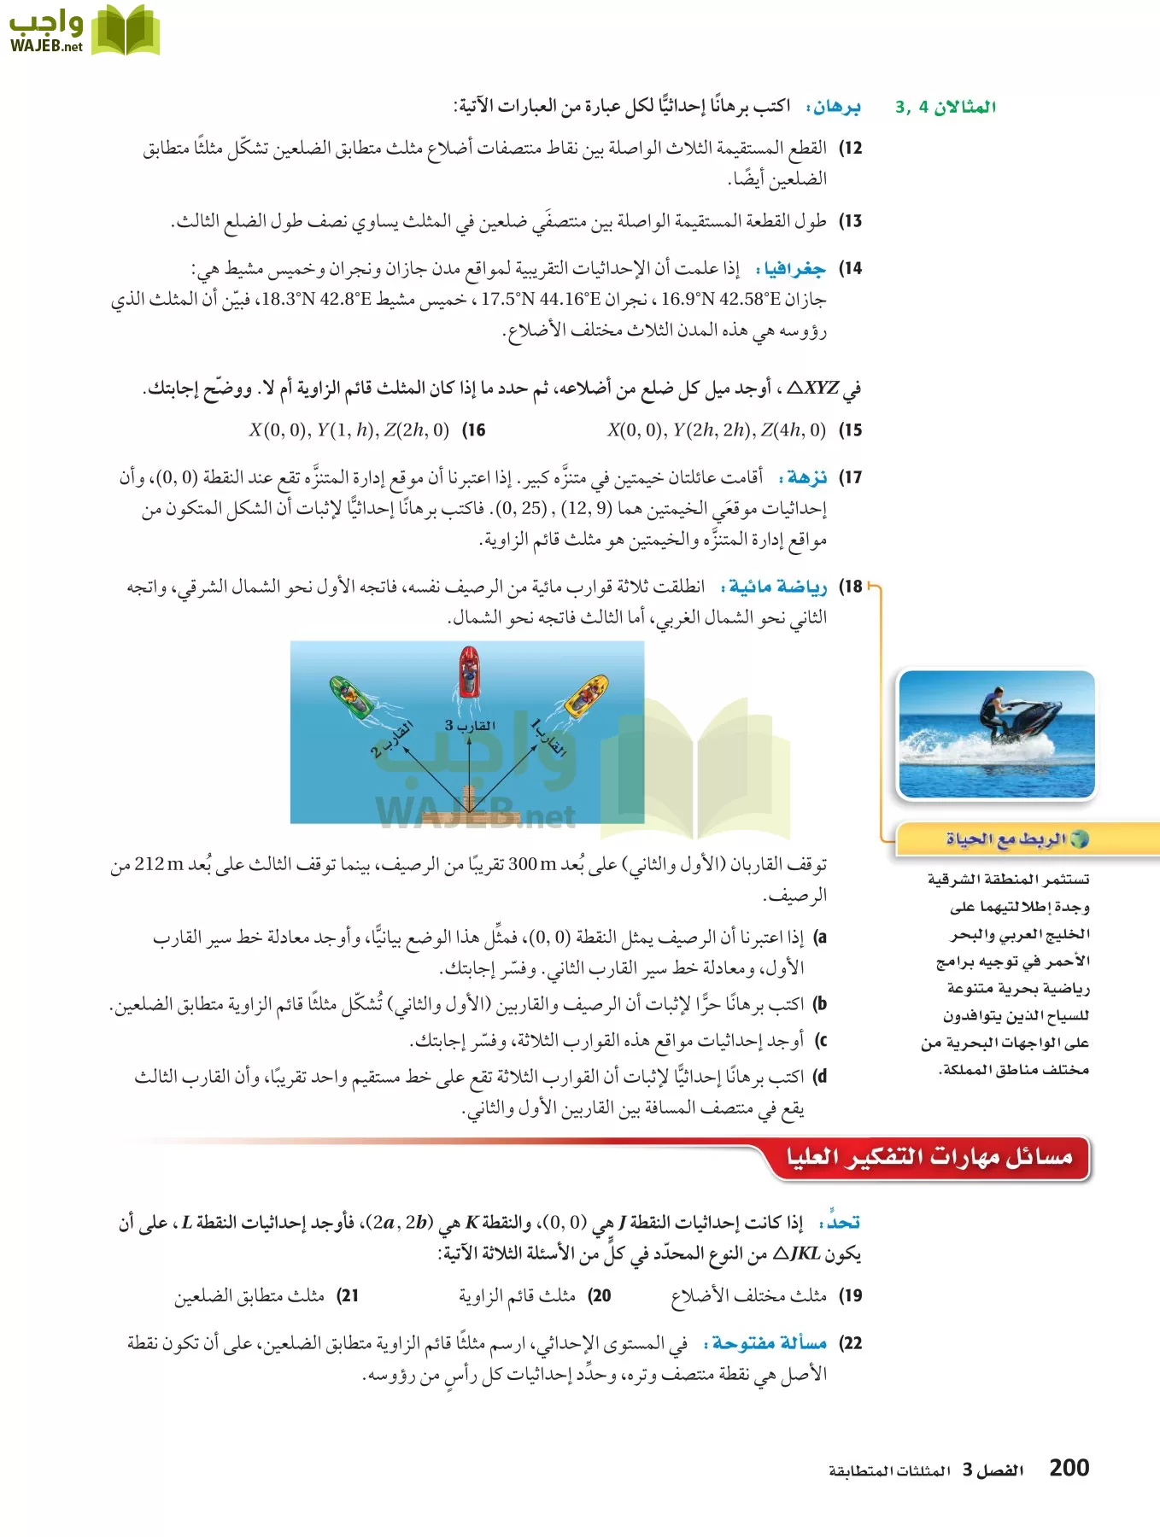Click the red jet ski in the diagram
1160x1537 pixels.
click(x=468, y=672)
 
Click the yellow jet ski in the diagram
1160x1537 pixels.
click(x=586, y=695)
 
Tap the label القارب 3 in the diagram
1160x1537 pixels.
click(x=470, y=725)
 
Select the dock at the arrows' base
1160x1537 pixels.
click(x=468, y=801)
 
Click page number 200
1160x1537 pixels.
click(x=1069, y=1468)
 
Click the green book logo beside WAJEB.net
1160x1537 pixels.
click(x=125, y=31)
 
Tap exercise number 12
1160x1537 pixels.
click(x=851, y=148)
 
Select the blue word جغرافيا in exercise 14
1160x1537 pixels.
click(x=795, y=269)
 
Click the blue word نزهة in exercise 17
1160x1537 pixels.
click(x=807, y=476)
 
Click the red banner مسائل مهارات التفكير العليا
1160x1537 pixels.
click(x=929, y=1158)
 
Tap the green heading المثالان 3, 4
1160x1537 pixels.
click(x=946, y=107)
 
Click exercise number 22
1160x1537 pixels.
click(x=851, y=1343)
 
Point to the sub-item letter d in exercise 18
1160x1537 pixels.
click(x=820, y=1077)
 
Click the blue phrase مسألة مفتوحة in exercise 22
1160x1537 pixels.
click(x=769, y=1343)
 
